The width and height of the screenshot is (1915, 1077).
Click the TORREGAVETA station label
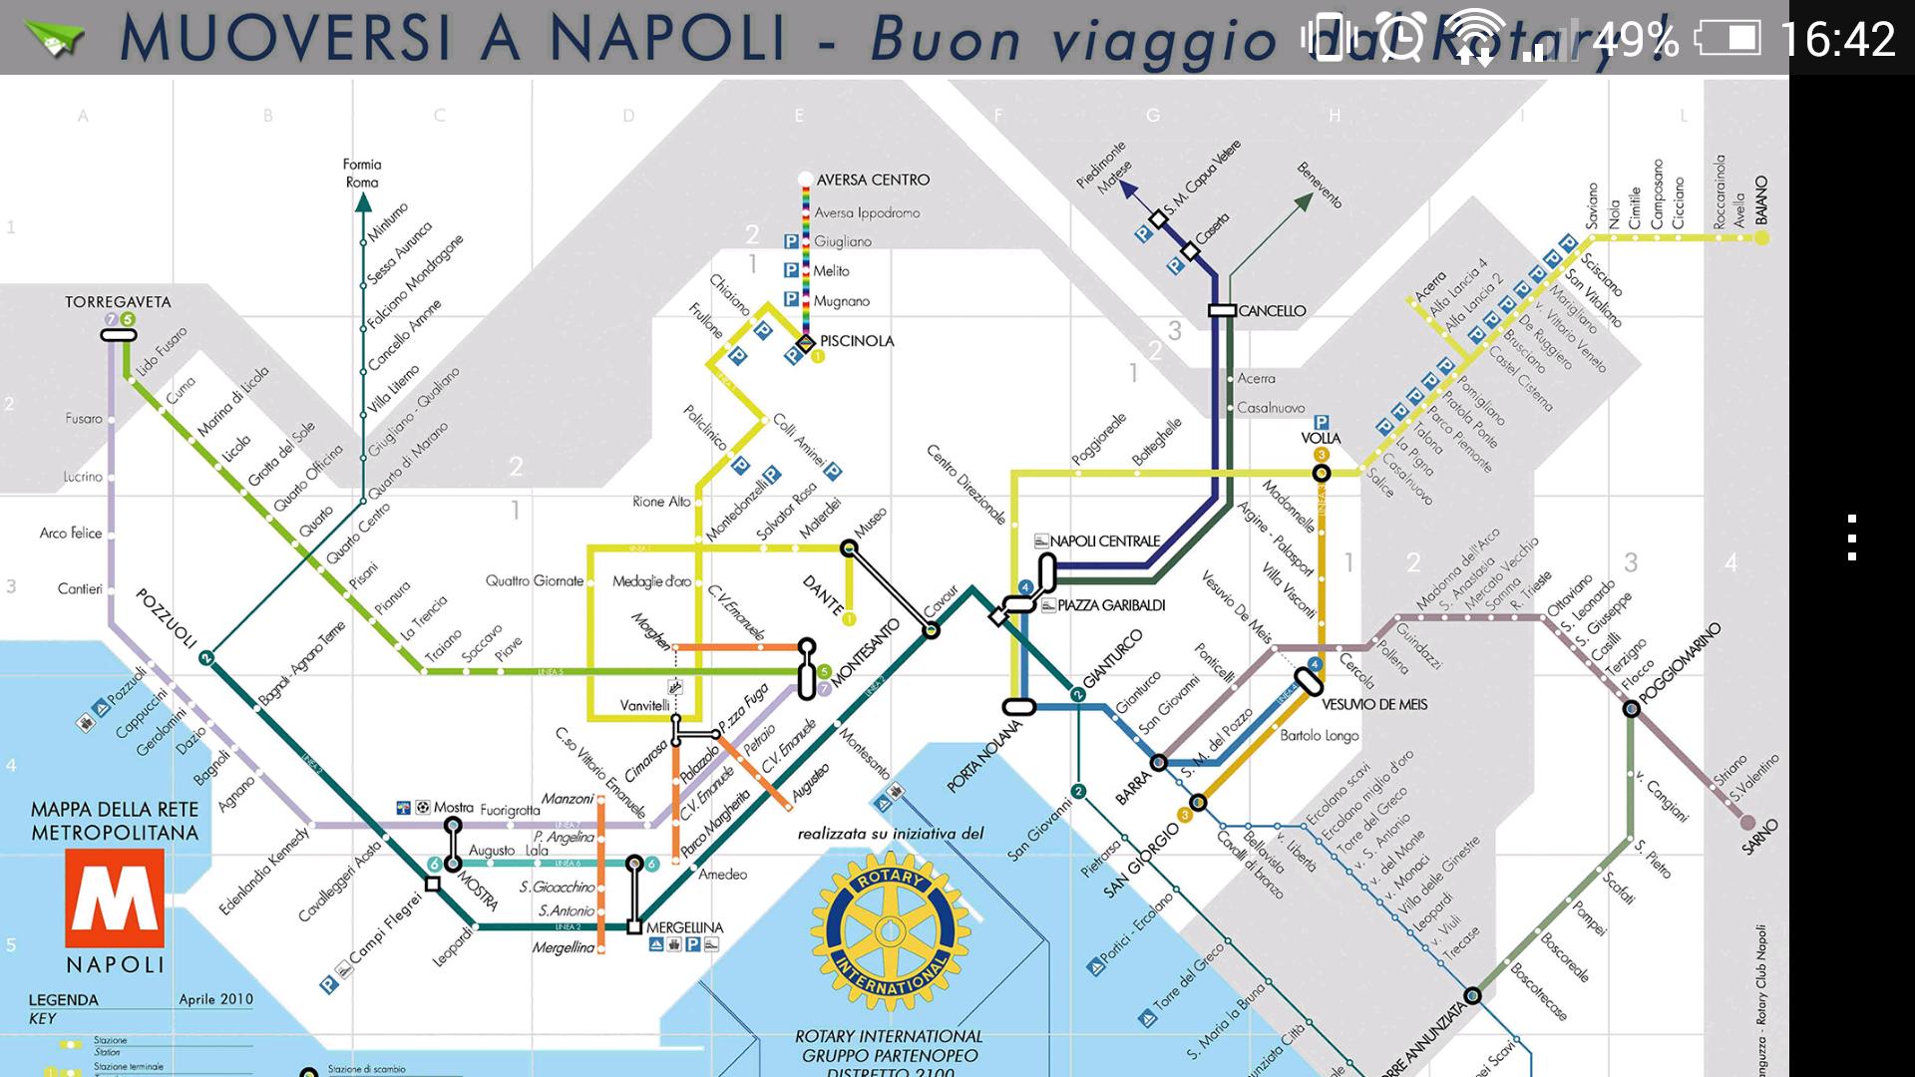118,302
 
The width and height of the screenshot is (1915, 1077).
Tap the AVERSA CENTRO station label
873,180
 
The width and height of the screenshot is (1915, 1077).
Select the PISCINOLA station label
856,341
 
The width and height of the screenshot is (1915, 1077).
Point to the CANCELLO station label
1272,311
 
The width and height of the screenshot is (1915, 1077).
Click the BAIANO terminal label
1761,199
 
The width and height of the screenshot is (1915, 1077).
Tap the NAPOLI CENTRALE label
1104,541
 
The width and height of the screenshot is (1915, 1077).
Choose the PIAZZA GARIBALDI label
1111,605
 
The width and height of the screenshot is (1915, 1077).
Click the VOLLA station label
1321,438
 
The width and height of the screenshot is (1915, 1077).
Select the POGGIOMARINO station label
1681,662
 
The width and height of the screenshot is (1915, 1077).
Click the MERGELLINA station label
684,927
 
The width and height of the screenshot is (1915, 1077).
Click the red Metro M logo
115,897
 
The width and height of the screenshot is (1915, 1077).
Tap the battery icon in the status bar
1729,39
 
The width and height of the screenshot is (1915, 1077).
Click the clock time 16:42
1837,39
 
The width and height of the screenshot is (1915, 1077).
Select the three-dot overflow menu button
1851,538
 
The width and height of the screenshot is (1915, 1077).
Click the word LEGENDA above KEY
63,999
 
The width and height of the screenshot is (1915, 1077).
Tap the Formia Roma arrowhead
363,202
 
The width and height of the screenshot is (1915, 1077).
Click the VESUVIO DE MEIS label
1373,704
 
